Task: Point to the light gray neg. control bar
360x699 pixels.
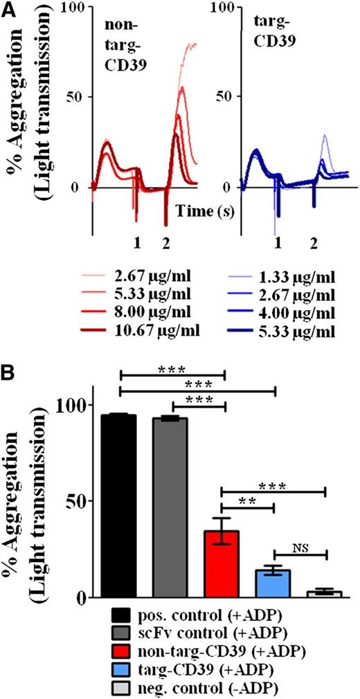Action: click(x=324, y=594)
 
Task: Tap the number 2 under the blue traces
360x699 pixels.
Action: click(x=314, y=244)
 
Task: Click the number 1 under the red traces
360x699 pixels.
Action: click(x=137, y=244)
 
